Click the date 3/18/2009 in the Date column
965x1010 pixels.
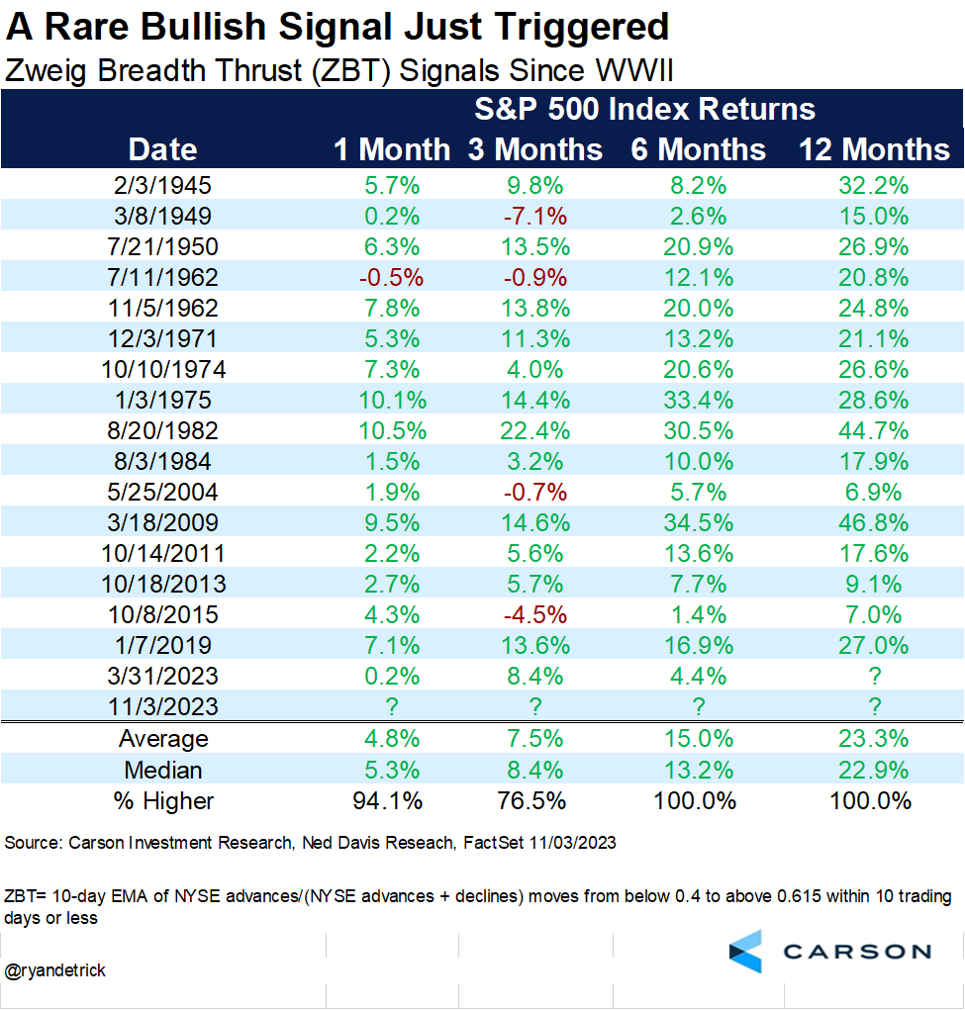[163, 522]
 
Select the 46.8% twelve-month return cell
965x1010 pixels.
[875, 522]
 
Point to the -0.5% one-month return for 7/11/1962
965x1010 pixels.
[391, 277]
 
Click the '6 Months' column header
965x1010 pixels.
[699, 149]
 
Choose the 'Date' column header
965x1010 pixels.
[163, 149]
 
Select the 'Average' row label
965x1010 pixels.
[163, 739]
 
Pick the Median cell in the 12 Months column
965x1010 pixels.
[875, 770]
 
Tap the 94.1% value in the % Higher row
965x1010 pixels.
[391, 800]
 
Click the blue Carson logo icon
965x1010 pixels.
[745, 951]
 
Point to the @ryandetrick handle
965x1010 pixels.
[56, 970]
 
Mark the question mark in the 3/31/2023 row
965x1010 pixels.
[875, 676]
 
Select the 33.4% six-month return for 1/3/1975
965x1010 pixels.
[699, 400]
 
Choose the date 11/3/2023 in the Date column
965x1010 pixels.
[163, 706]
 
